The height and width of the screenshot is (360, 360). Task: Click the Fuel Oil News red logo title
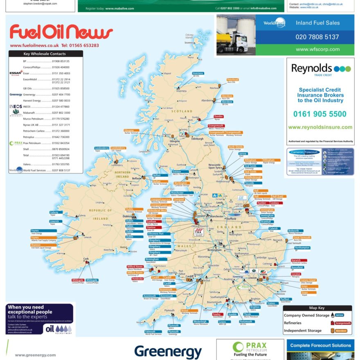61,32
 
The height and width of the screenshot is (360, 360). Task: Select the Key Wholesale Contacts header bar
45,54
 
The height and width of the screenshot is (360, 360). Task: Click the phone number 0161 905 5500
319,114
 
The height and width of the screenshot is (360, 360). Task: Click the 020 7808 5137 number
317,37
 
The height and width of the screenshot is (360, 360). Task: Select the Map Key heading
317,308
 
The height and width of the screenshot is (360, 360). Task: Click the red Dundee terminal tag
218,116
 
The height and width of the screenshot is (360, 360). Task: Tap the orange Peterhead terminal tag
232,79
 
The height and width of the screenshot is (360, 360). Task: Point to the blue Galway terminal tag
54,212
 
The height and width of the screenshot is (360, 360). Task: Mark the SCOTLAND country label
182,111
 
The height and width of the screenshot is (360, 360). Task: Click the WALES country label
184,246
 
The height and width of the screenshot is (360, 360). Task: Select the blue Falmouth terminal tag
150,332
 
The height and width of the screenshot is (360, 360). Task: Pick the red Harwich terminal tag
296,260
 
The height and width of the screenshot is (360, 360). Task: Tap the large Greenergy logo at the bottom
168,351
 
